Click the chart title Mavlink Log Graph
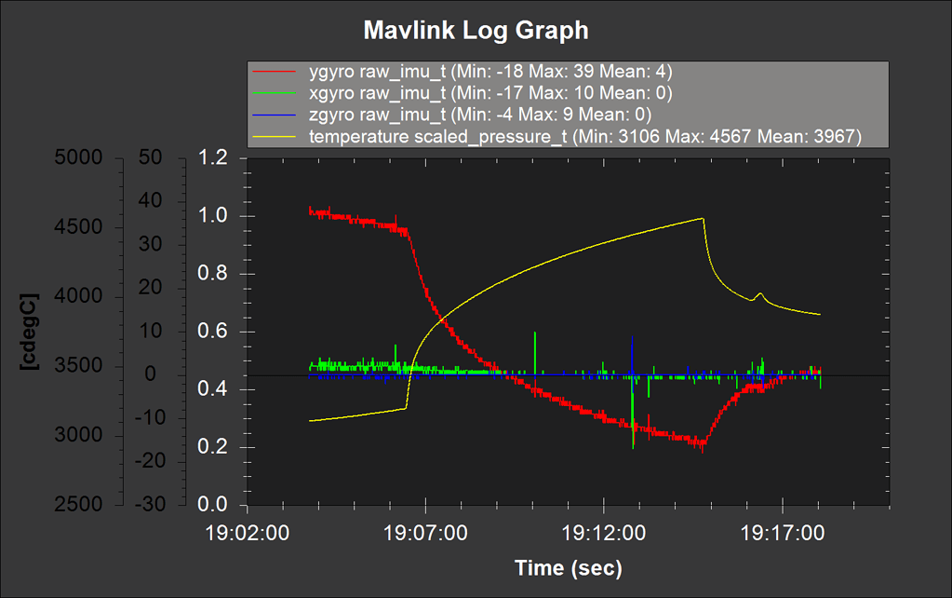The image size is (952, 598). pyautogui.click(x=476, y=31)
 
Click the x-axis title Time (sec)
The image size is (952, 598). pyautogui.click(x=568, y=567)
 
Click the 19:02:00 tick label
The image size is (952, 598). pyautogui.click(x=246, y=535)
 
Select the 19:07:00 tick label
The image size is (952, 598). pyautogui.click(x=425, y=535)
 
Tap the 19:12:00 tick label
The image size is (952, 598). pyautogui.click(x=604, y=535)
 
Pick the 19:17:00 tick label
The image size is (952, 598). pyautogui.click(x=783, y=535)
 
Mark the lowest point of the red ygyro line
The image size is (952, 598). pyautogui.click(x=702, y=449)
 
